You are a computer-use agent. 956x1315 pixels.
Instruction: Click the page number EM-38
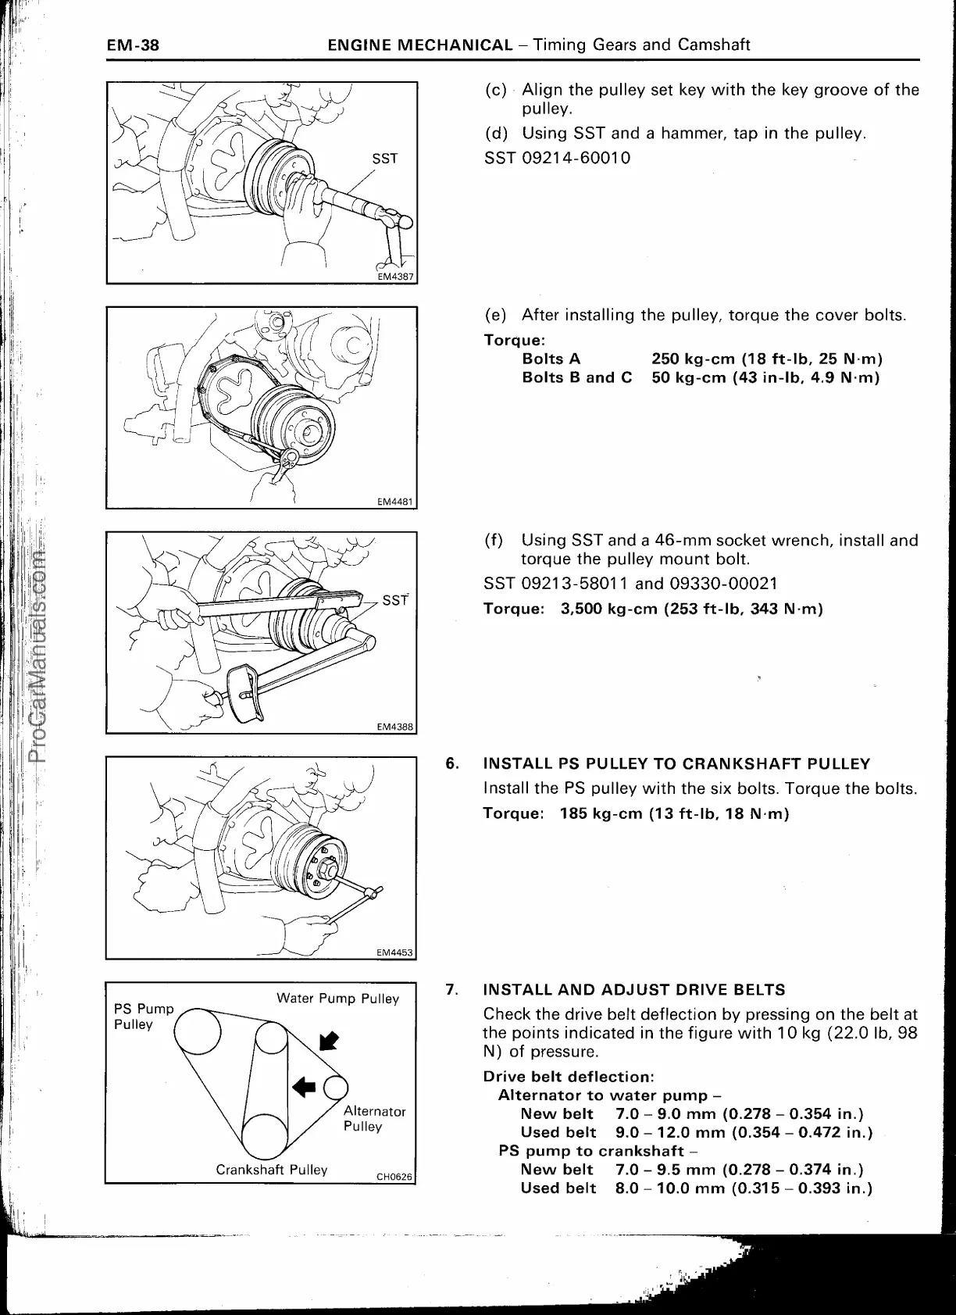pyautogui.click(x=133, y=45)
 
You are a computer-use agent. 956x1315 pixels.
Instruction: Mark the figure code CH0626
pyautogui.click(x=394, y=1177)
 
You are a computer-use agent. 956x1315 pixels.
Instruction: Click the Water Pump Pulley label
pyautogui.click(x=337, y=999)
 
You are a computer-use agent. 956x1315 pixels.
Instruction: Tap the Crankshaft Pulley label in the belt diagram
pyautogui.click(x=271, y=1170)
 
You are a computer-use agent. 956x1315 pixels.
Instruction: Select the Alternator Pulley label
pyautogui.click(x=374, y=1118)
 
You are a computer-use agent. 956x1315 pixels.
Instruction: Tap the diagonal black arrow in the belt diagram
pyautogui.click(x=330, y=1041)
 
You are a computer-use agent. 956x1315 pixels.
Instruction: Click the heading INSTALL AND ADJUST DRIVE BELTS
pyautogui.click(x=634, y=990)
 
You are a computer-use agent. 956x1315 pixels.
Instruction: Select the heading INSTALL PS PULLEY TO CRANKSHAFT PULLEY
pyautogui.click(x=676, y=763)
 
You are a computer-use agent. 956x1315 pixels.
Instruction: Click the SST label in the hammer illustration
pyautogui.click(x=385, y=159)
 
